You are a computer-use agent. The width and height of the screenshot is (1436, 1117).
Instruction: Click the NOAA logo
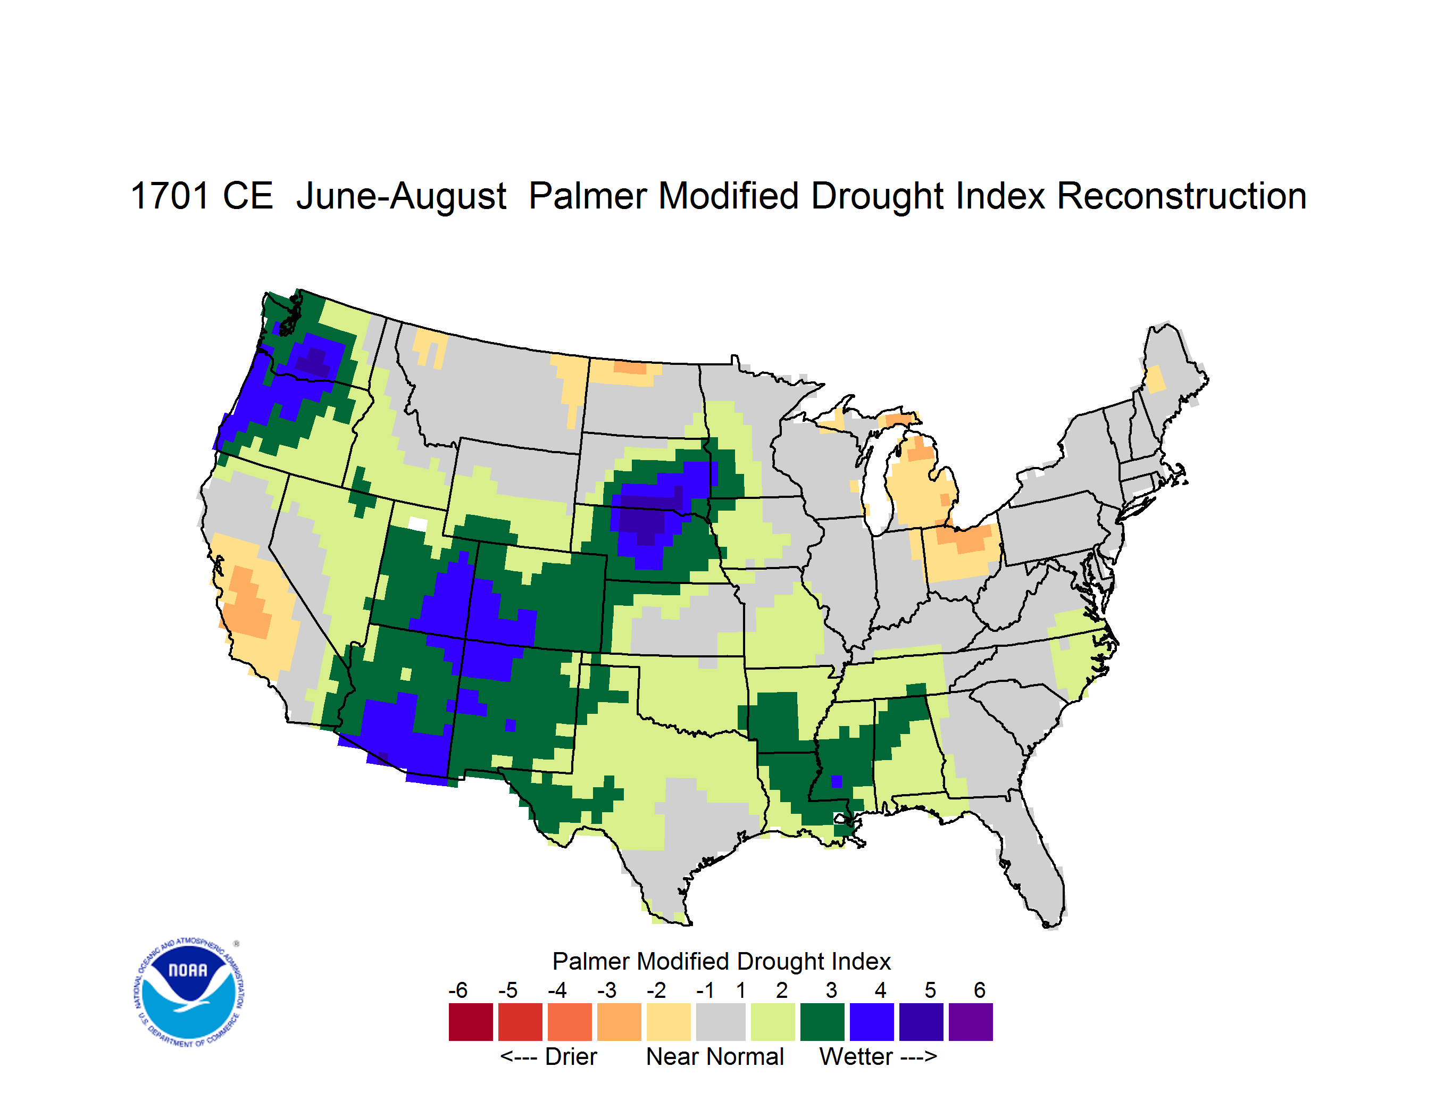(x=189, y=992)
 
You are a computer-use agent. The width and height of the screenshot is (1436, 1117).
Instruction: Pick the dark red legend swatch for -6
(x=471, y=1022)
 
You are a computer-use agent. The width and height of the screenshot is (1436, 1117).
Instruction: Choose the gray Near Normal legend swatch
(x=721, y=1022)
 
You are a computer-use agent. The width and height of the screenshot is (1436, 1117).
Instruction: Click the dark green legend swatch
(x=822, y=1022)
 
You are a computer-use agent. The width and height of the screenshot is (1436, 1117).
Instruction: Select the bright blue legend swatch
(x=872, y=1022)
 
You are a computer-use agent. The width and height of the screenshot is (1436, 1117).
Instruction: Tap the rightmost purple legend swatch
(x=971, y=1022)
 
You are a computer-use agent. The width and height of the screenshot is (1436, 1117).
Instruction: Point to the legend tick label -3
(x=606, y=990)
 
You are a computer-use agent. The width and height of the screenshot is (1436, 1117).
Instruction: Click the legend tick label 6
(x=980, y=990)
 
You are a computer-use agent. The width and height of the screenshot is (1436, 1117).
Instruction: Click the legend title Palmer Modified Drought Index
(x=721, y=961)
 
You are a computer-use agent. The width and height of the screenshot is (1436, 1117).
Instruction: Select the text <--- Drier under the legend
(x=548, y=1056)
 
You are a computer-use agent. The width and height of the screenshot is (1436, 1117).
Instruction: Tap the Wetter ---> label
(x=879, y=1056)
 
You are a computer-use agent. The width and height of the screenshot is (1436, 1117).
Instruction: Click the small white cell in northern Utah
(x=418, y=524)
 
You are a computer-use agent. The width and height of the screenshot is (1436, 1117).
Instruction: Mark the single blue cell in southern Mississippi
(x=837, y=781)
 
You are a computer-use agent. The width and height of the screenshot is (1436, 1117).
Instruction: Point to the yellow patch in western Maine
(x=1155, y=380)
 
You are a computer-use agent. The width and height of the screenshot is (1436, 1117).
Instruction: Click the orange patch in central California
(x=247, y=604)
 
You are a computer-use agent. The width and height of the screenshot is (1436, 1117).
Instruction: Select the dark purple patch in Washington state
(x=314, y=362)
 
